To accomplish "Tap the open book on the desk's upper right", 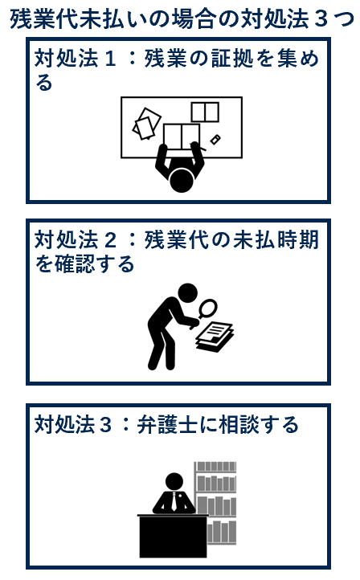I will click(205, 112).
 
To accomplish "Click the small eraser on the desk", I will click(215, 140).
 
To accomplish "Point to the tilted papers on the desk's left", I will click(147, 123).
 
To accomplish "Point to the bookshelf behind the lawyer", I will click(216, 494).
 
